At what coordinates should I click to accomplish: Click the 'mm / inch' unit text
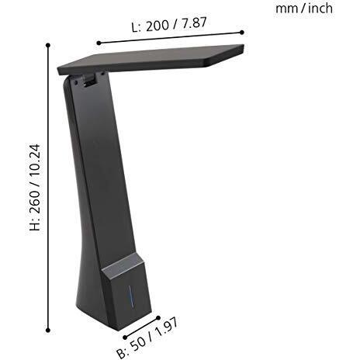point(304,8)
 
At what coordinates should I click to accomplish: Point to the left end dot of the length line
point(99,43)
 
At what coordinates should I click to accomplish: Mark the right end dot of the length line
point(242,32)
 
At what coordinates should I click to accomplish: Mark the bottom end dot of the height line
point(49,330)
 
